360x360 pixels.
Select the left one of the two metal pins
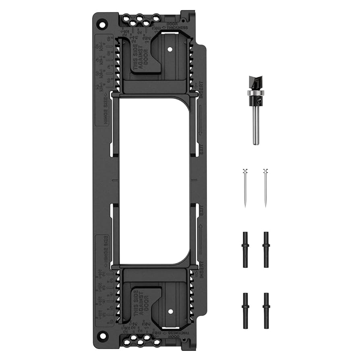245,188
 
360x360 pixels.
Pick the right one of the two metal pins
265,188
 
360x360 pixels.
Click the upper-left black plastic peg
245,249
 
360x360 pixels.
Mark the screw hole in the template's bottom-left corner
103,335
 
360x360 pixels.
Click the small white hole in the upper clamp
170,49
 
